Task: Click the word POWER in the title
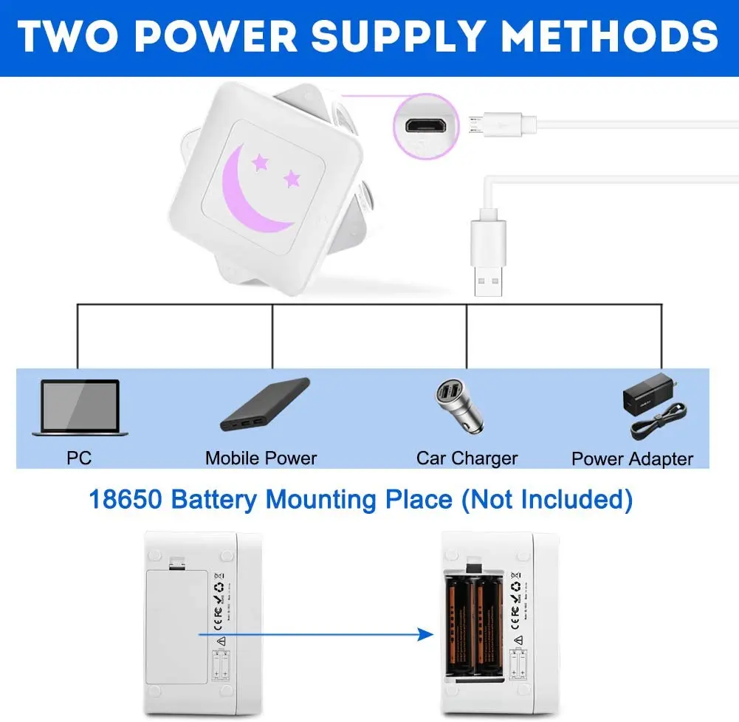pos(222,35)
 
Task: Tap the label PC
pos(79,458)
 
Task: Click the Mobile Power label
pos(261,458)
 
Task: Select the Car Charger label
pos(467,458)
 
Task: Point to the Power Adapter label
pos(632,458)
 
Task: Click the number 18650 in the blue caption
pos(125,500)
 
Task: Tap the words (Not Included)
pos(546,500)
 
